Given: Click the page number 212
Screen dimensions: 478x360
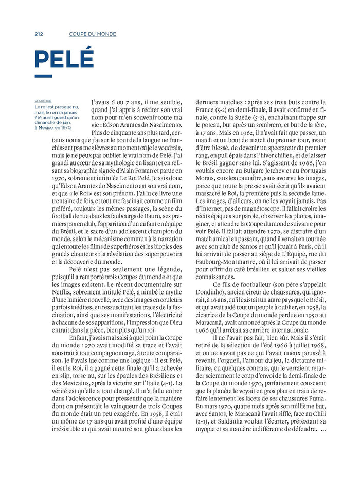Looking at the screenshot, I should click(x=39, y=34).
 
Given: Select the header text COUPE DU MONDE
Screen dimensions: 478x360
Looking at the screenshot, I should click(x=93, y=34).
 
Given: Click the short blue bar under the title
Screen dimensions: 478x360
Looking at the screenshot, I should click(x=43, y=76).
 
